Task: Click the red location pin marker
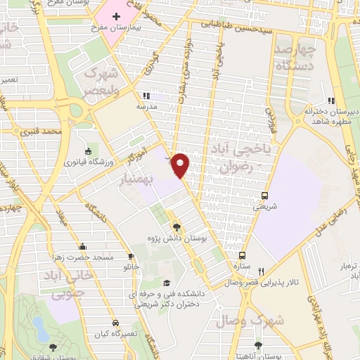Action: [x=181, y=164]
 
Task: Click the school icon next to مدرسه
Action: [x=146, y=96]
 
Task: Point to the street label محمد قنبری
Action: [x=61, y=131]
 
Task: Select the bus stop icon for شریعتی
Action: [x=264, y=196]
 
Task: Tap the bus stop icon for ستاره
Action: [x=243, y=256]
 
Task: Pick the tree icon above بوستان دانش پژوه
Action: [x=176, y=227]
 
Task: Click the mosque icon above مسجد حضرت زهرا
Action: [x=84, y=247]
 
